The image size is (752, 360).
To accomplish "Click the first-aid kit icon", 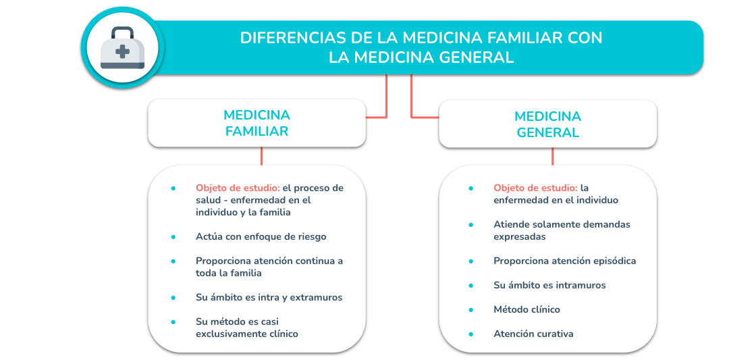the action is pyautogui.click(x=122, y=47).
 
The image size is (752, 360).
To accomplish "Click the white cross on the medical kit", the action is pyautogui.click(x=122, y=51).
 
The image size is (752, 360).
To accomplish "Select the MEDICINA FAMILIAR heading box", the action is pyautogui.click(x=257, y=123).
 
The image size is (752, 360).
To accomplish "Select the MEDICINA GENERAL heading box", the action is pyautogui.click(x=547, y=124).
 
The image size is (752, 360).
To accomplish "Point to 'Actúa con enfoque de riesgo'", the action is pyautogui.click(x=261, y=236).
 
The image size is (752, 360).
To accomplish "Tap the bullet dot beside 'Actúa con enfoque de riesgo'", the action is pyautogui.click(x=173, y=236).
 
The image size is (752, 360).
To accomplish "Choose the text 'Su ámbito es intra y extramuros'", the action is pyautogui.click(x=269, y=298).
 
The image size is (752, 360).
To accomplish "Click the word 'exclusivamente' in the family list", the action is pyautogui.click(x=228, y=334).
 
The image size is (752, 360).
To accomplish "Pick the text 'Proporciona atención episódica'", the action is pyautogui.click(x=564, y=261).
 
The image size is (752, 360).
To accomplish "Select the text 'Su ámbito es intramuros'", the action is pyautogui.click(x=549, y=285).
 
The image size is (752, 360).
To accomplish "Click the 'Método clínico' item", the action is pyautogui.click(x=527, y=309).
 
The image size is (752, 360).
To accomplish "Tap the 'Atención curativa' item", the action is pyautogui.click(x=533, y=334).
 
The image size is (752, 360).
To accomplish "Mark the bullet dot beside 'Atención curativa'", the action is pyautogui.click(x=471, y=334).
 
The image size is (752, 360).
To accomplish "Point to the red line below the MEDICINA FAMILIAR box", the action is pyautogui.click(x=261, y=156).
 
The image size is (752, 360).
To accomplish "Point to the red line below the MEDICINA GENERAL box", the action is pyautogui.click(x=552, y=157).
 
